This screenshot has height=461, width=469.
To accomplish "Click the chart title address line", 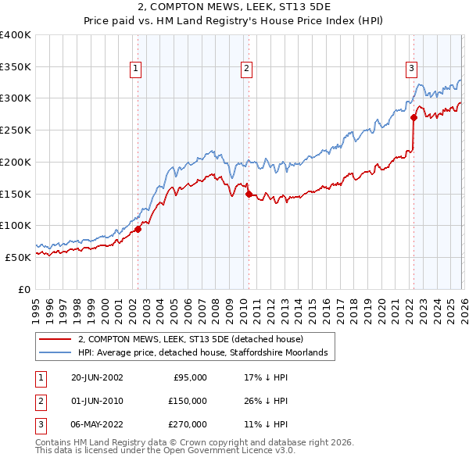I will point(234,8).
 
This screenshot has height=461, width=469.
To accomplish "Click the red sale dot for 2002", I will point(138,229).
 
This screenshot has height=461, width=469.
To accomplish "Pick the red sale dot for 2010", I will point(248,195).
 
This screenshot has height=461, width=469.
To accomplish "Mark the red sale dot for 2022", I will point(414,118).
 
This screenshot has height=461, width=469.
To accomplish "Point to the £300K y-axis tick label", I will point(16,98).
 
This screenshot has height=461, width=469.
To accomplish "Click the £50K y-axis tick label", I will point(19,257).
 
